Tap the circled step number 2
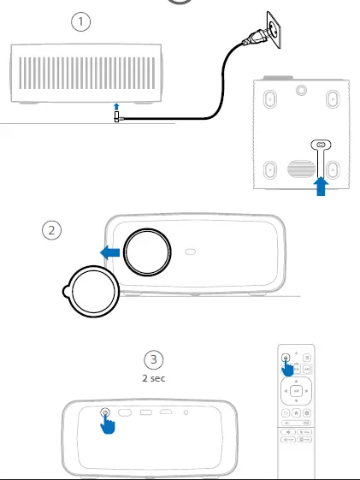tap(54, 229)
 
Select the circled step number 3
tap(153, 359)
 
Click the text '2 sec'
tap(154, 376)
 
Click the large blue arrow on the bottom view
tap(322, 185)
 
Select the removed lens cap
tap(89, 293)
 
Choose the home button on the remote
tap(297, 412)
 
